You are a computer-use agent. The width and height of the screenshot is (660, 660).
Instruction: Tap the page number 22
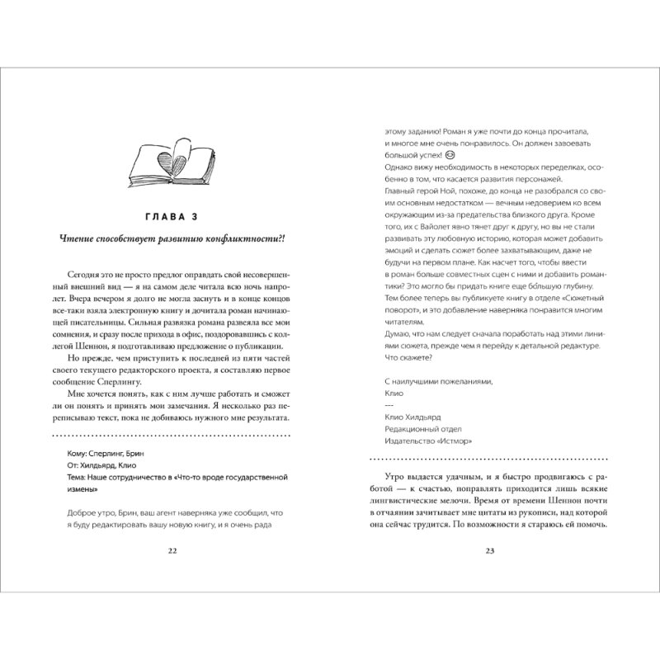tap(172, 552)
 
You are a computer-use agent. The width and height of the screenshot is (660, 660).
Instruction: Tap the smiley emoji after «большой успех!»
tap(450, 154)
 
